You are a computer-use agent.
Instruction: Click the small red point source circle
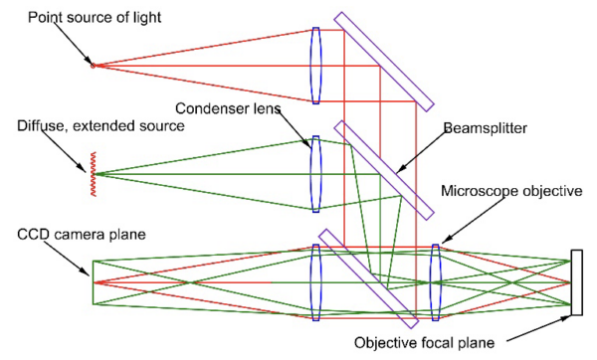[93, 65]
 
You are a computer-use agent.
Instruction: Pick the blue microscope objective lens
[435, 282]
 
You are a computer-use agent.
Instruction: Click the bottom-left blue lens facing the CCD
[315, 282]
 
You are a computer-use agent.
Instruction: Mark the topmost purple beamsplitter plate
[383, 61]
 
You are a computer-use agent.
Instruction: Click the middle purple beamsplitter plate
[383, 169]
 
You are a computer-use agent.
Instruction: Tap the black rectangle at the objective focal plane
[576, 282]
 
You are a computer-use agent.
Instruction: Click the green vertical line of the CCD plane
[93, 281]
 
